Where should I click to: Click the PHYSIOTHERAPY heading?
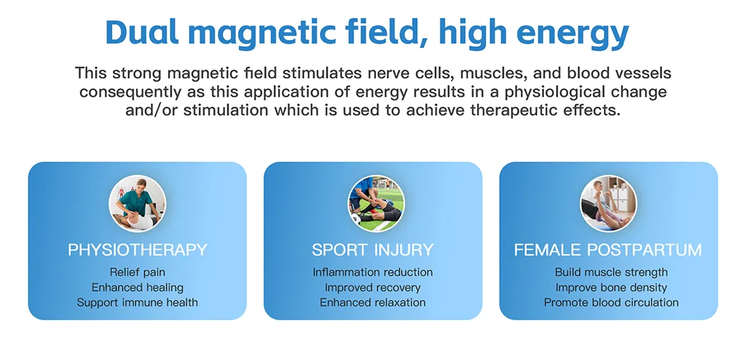[x=138, y=250]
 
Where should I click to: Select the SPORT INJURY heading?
[x=373, y=250]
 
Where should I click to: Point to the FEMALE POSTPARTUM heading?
[x=608, y=250]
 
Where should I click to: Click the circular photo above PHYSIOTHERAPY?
[x=138, y=204]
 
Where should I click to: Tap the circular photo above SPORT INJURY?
[x=376, y=204]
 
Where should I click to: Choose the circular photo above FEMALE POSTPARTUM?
[x=608, y=204]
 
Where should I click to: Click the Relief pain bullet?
[x=138, y=272]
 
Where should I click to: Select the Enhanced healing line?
[x=138, y=287]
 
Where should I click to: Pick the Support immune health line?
[x=138, y=302]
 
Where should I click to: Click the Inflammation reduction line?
[x=373, y=272]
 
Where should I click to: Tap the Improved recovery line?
[x=373, y=287]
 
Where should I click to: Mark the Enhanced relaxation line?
[x=373, y=302]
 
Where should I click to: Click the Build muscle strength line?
[x=611, y=272]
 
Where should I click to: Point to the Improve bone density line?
[x=611, y=287]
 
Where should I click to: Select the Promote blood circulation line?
[x=611, y=302]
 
